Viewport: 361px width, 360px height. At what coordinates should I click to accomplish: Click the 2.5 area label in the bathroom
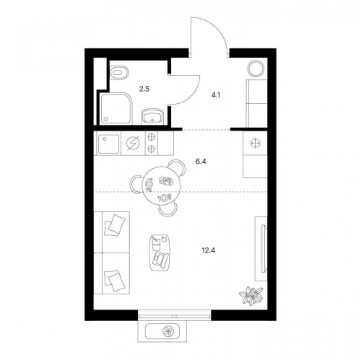(144, 89)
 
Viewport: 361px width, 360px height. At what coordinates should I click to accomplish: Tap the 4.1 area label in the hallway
(216, 95)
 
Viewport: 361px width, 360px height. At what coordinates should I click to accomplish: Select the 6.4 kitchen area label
(201, 162)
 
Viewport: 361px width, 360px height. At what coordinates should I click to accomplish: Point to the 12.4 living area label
(209, 250)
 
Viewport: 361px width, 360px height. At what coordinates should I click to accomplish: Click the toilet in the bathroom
(119, 72)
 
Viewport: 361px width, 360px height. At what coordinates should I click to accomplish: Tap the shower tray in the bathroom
(117, 108)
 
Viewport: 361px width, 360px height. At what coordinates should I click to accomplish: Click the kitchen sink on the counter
(108, 144)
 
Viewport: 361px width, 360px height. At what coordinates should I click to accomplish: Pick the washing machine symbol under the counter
(133, 144)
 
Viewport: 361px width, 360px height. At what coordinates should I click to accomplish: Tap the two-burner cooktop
(151, 144)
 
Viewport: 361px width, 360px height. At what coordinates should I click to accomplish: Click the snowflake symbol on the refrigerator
(255, 144)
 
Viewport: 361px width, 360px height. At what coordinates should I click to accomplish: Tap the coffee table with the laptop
(160, 253)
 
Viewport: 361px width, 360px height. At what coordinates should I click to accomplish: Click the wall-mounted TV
(263, 248)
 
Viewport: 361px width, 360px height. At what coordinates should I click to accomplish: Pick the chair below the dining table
(168, 210)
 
